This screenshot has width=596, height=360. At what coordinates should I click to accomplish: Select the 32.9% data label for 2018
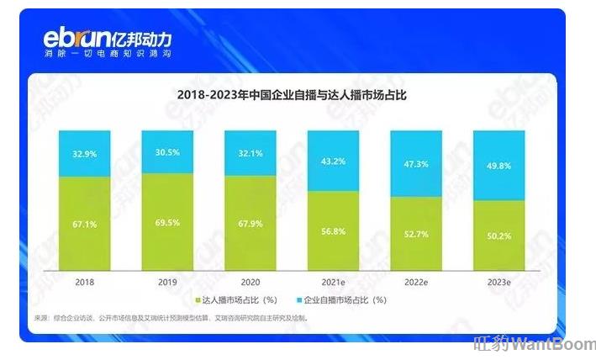tap(83, 154)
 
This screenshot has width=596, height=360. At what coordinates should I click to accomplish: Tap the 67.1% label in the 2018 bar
tap(83, 225)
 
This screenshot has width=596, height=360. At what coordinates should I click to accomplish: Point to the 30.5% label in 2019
tap(166, 153)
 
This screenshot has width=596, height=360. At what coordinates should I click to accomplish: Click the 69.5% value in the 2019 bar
tap(166, 224)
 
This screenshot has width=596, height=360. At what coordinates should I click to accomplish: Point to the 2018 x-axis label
tap(83, 283)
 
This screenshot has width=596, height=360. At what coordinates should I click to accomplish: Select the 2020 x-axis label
tap(250, 283)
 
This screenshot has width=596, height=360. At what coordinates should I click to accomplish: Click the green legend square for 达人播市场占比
tap(199, 300)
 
